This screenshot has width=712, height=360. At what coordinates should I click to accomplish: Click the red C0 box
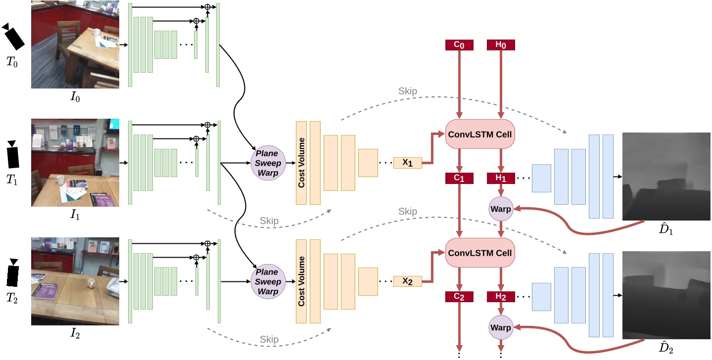[460, 45]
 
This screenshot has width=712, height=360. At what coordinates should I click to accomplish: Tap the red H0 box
[501, 45]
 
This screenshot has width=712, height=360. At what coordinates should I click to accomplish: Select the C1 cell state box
[460, 179]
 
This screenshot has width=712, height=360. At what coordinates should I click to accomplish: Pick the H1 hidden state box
[501, 179]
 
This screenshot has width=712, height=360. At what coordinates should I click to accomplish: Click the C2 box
[460, 297]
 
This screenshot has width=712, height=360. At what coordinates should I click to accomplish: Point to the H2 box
[501, 297]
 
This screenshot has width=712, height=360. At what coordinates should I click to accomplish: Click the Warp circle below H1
[501, 209]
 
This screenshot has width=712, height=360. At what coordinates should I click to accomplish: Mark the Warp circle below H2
[501, 327]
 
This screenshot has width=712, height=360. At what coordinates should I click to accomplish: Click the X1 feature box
[407, 163]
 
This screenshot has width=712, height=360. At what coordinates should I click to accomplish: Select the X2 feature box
[407, 281]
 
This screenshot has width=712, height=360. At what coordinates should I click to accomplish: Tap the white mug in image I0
[96, 33]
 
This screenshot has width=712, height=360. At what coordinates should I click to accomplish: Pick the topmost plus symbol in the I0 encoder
[207, 7]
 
